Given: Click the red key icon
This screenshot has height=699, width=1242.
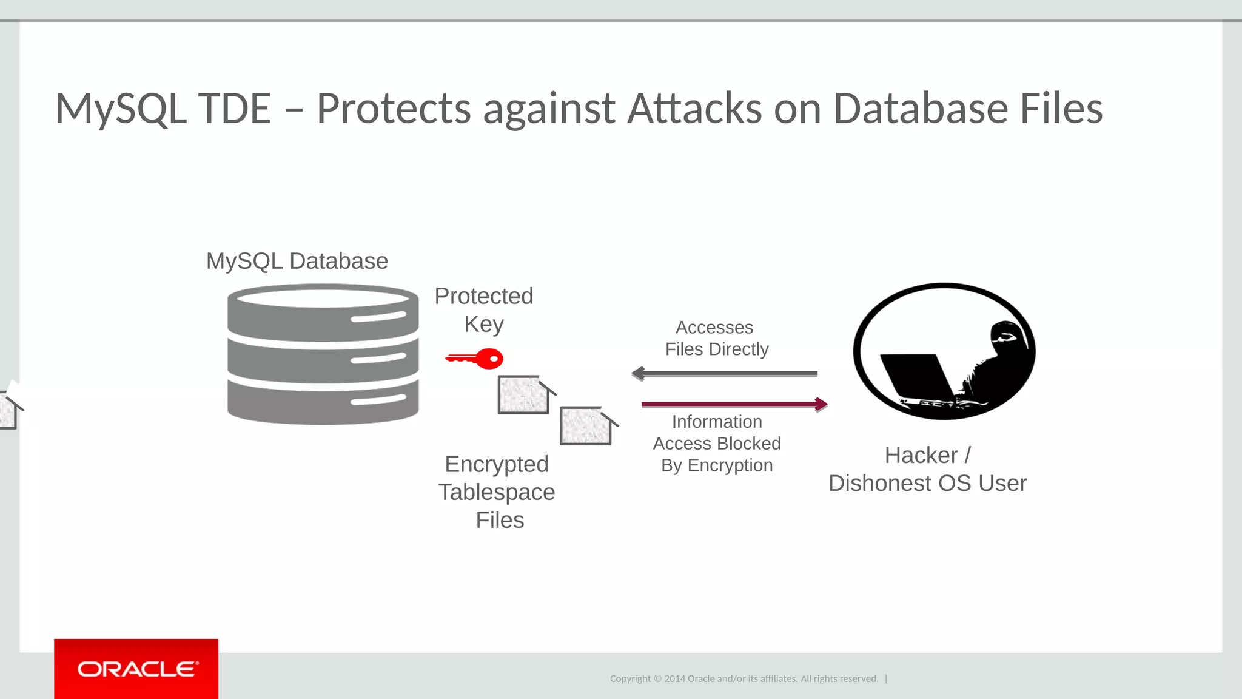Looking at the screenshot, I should click(x=476, y=359).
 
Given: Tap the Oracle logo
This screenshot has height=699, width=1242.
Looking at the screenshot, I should click(x=136, y=669).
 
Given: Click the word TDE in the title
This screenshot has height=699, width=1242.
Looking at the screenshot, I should click(x=234, y=109).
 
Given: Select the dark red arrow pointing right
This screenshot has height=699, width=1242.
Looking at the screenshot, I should click(x=734, y=404).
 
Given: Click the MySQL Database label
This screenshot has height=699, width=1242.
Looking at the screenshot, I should click(x=297, y=261).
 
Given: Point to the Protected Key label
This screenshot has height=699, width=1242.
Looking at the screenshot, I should click(x=484, y=310).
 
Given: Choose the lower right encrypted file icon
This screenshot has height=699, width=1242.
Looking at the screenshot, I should click(x=586, y=426).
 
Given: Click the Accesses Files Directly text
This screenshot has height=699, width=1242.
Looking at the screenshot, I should click(x=716, y=338).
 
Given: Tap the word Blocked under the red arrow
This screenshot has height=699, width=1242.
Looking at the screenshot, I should click(x=749, y=444).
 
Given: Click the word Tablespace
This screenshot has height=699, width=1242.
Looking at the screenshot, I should click(x=497, y=492).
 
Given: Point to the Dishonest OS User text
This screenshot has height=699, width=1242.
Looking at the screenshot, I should click(x=927, y=484).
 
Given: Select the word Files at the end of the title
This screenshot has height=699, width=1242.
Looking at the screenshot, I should click(x=1061, y=109).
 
